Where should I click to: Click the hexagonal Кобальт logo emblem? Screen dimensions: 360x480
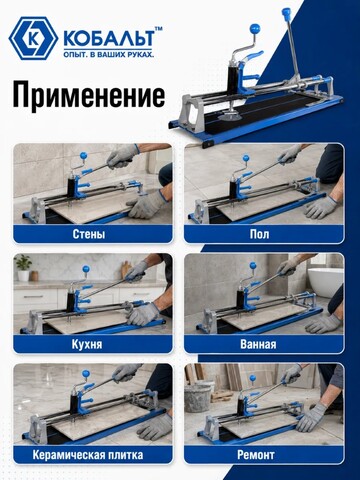(x=34, y=39)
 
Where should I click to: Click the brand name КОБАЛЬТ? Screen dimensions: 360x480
(x=109, y=39)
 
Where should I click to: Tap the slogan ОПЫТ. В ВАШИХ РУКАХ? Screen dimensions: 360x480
(x=109, y=54)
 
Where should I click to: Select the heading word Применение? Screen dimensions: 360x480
(x=89, y=95)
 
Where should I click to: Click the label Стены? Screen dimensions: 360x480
(x=89, y=234)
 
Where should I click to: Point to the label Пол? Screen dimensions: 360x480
(x=259, y=234)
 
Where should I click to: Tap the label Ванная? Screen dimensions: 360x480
(x=258, y=344)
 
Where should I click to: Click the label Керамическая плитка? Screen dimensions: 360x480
(x=88, y=455)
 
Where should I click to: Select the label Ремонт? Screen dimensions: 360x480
(x=256, y=455)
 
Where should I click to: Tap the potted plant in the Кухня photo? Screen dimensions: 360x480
(x=23, y=267)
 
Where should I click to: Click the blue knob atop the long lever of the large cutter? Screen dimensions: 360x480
(x=287, y=13)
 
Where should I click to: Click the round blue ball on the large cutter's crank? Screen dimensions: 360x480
(x=255, y=28)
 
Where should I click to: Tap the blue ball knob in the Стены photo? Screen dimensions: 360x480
(x=83, y=156)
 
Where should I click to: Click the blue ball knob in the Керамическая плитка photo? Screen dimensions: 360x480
(x=86, y=374)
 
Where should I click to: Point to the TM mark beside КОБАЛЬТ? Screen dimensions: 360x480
(x=159, y=29)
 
